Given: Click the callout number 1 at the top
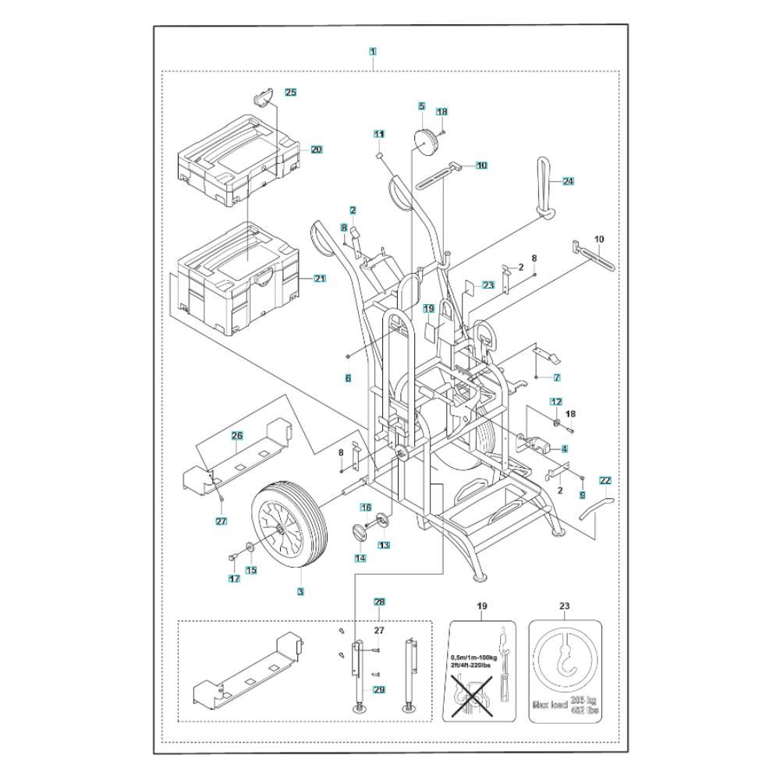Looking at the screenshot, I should click(373, 52).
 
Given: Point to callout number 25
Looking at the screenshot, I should click(290, 92).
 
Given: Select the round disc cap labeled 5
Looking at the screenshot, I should click(426, 144).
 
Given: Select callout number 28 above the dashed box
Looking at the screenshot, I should click(379, 601).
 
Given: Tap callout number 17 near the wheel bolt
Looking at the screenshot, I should click(233, 578).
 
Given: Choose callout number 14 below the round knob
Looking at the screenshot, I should click(360, 558).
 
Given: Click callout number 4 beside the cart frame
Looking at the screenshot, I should click(564, 448).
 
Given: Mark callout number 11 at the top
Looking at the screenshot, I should click(379, 134).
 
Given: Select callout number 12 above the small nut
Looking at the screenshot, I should click(555, 401).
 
